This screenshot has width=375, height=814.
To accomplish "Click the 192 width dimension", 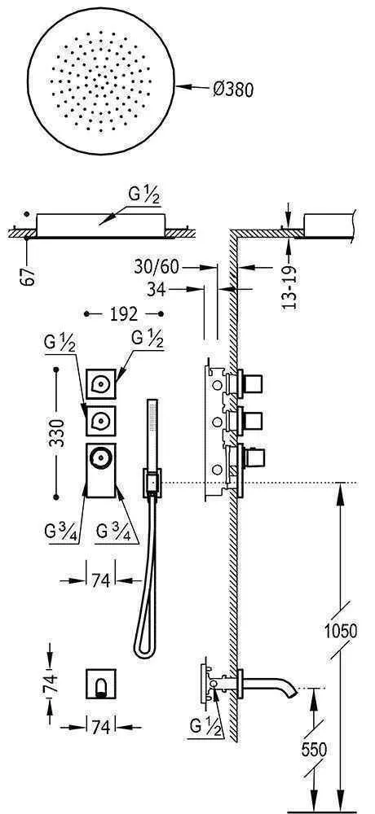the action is pos(124,313).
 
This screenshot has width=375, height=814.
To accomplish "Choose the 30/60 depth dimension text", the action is pos(157,267).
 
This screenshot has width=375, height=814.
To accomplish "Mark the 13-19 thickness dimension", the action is pos(291,288).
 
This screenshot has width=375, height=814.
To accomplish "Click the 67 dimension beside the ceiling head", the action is pos(31,274).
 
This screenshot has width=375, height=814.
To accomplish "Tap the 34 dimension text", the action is pos(155,289).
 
